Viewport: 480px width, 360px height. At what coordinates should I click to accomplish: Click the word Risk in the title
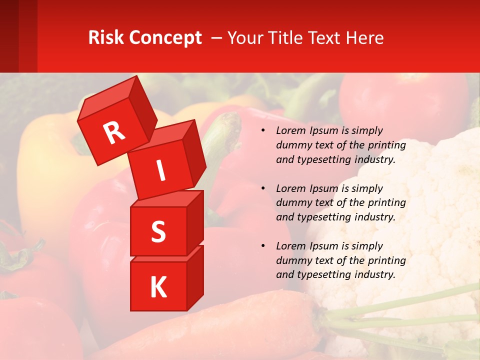coord(106,38)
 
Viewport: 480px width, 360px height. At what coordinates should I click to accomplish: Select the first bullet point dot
coord(263,131)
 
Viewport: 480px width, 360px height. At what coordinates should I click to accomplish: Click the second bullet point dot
coord(263,189)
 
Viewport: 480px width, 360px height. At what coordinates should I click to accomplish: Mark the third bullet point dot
coord(263,246)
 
